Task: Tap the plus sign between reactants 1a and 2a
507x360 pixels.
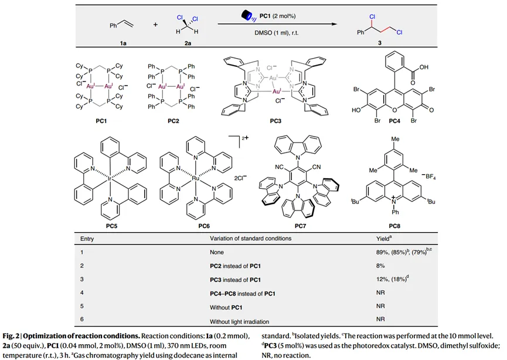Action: [155, 25]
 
